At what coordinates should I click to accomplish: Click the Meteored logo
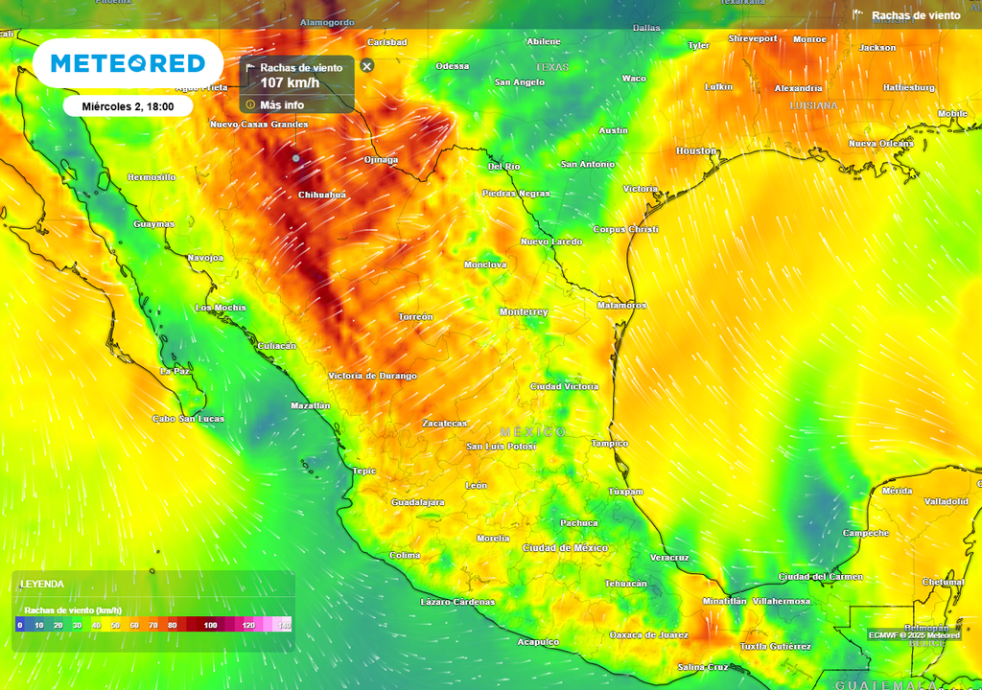click(128, 63)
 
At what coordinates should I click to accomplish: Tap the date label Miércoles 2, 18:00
click(128, 106)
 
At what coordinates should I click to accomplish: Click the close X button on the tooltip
click(366, 66)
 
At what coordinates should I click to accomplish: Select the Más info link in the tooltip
click(281, 104)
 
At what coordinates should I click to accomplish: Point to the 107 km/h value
click(290, 83)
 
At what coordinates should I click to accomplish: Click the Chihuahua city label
click(322, 195)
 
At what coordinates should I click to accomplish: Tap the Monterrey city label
click(523, 312)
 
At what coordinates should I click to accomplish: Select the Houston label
click(696, 150)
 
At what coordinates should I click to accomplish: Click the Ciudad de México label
click(565, 547)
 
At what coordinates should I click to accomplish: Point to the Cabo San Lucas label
click(188, 419)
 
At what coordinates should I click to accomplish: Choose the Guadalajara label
click(417, 502)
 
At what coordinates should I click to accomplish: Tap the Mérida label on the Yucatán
click(897, 491)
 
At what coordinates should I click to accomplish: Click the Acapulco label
click(537, 642)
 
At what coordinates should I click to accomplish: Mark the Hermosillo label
click(152, 177)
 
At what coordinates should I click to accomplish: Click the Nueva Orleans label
click(880, 144)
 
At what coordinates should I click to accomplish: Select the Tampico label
click(609, 444)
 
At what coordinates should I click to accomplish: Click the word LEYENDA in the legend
click(42, 584)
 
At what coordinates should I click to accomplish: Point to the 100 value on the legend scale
click(210, 625)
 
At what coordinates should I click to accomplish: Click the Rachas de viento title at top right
click(916, 15)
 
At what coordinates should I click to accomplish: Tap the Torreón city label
click(416, 316)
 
